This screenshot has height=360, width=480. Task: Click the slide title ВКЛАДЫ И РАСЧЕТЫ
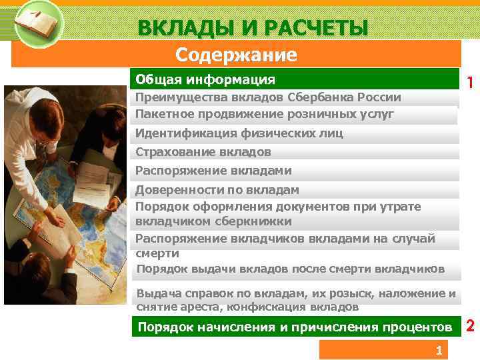(x=253, y=28)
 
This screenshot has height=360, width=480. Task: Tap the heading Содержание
(x=236, y=54)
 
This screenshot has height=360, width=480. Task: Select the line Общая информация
(x=205, y=80)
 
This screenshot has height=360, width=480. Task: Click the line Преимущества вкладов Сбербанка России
(x=268, y=97)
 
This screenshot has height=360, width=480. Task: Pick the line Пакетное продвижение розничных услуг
(x=265, y=114)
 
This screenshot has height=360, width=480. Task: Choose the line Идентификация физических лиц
(x=239, y=133)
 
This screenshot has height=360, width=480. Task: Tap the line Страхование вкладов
(x=203, y=152)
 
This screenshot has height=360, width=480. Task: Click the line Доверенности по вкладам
(x=217, y=190)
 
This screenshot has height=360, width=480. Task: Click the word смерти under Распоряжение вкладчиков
(x=157, y=253)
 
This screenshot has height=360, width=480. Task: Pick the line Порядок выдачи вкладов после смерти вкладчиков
(x=290, y=269)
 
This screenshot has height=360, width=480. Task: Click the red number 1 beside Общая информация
(x=470, y=83)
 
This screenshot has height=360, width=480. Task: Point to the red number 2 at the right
(x=470, y=326)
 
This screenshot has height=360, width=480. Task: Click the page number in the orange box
(x=438, y=351)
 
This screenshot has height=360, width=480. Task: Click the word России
(x=379, y=97)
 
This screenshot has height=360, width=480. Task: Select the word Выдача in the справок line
(x=155, y=294)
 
